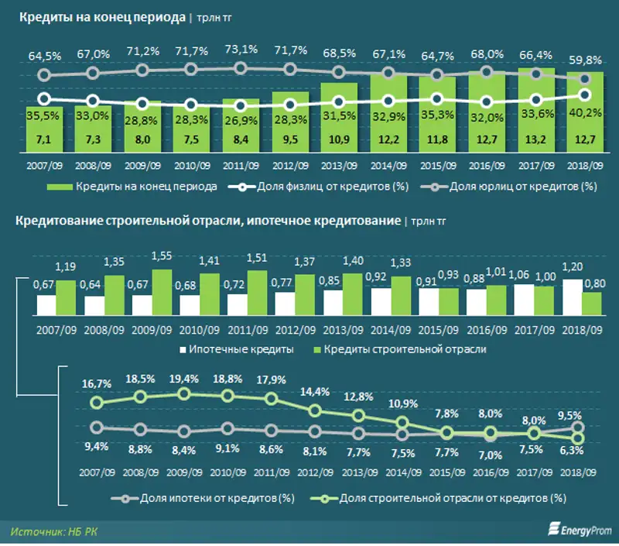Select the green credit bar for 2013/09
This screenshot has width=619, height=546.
339,116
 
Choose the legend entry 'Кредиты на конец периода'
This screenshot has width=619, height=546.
132,187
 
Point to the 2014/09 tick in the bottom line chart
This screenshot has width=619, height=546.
404,472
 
